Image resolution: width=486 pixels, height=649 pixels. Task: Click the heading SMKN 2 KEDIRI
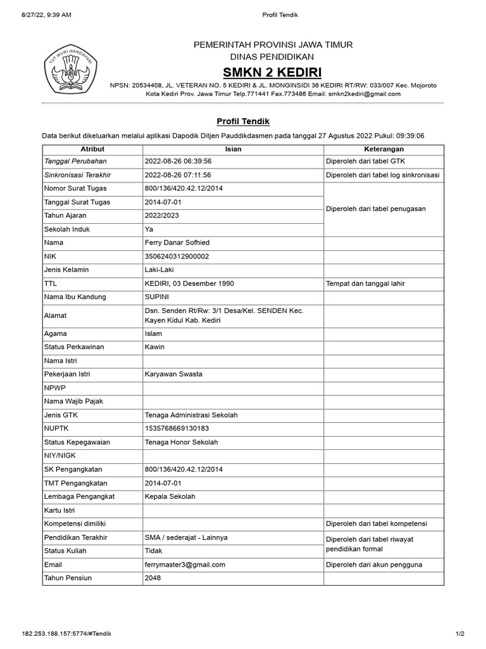click(x=272, y=70)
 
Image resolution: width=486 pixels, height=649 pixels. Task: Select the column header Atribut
click(x=92, y=149)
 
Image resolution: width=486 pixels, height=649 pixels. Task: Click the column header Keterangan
click(x=383, y=149)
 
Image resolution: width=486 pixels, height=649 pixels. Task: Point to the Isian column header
click(x=233, y=149)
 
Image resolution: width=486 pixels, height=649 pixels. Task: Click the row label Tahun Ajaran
click(x=65, y=215)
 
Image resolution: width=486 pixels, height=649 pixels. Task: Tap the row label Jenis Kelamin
click(x=66, y=269)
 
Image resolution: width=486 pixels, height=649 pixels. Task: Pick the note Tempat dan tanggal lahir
click(x=365, y=283)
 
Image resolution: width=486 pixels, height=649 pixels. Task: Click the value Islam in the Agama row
click(x=154, y=333)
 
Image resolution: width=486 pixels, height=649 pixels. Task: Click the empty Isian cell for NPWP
click(x=233, y=388)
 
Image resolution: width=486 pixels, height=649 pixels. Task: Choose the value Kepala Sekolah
click(x=170, y=496)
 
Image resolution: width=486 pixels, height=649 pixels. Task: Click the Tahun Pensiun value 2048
click(x=153, y=578)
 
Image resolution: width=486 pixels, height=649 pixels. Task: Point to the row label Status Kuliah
click(x=65, y=551)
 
